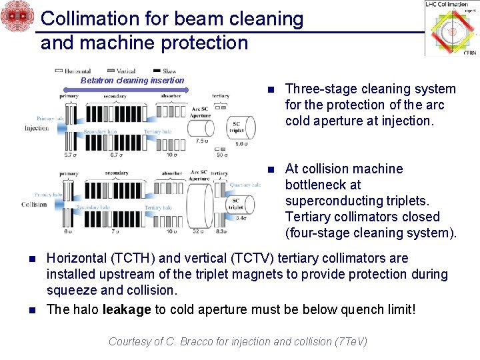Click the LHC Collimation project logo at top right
451,29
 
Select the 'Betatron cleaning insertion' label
132,81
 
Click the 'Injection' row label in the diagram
36,128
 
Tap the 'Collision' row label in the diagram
34,204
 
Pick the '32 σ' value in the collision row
199,231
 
